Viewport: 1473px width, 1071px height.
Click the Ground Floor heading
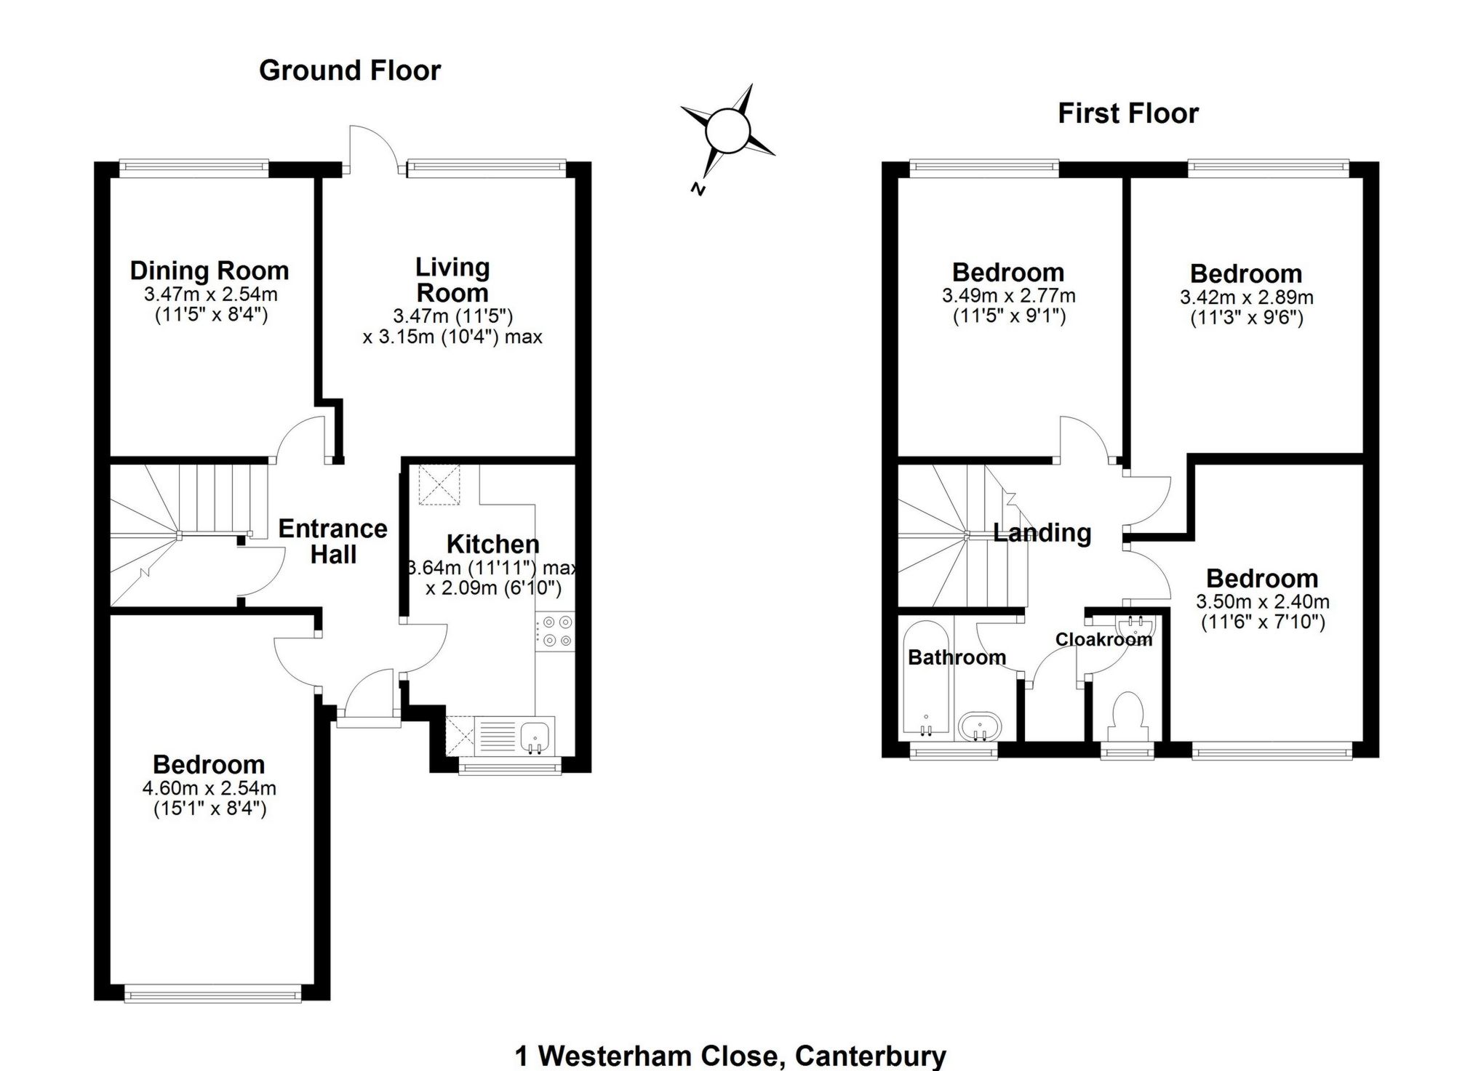(350, 71)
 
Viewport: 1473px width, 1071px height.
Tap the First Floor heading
(1127, 113)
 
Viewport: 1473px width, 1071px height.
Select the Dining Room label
(209, 270)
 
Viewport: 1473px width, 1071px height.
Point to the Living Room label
(452, 280)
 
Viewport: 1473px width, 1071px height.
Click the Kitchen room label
(493, 544)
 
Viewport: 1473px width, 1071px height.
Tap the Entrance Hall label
(333, 541)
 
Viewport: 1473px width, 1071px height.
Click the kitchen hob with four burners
(556, 631)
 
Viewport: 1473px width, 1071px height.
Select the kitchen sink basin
(537, 737)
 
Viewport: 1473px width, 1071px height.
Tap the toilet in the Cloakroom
(1128, 716)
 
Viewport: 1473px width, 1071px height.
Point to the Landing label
(1042, 533)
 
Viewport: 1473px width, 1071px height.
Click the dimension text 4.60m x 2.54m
(209, 788)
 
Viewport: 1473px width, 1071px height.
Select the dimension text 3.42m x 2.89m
(1246, 297)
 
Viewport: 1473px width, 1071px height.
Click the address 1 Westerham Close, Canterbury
(730, 1055)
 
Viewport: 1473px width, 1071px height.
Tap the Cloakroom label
(1103, 640)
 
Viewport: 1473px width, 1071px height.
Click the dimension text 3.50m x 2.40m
(1262, 602)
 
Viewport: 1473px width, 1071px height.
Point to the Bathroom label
(957, 658)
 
